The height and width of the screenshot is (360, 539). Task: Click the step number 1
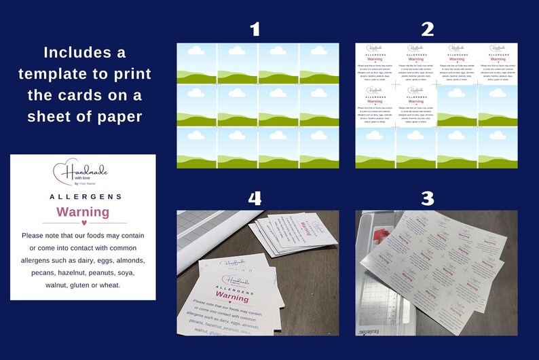(x=255, y=29)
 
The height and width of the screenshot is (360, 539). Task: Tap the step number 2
(x=427, y=29)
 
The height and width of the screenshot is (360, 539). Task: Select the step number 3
(x=427, y=198)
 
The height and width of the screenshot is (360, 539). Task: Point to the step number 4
(x=255, y=198)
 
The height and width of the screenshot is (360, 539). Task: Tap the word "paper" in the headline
(x=119, y=116)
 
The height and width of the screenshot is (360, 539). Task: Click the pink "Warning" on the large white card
(x=83, y=212)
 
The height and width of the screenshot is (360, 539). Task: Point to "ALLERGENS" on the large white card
(x=86, y=196)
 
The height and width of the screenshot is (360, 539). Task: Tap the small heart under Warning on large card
(x=83, y=222)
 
